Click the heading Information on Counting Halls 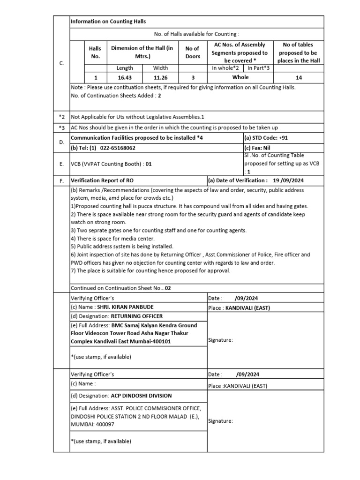tap(108, 22)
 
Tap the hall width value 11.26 tap(161, 77)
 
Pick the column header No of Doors tap(193, 52)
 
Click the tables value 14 tap(299, 77)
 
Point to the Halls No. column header tap(95, 52)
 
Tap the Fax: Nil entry tap(257, 147)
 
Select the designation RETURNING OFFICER tap(131, 316)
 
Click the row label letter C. tap(61, 63)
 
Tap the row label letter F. tap(61, 180)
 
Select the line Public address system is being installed tap(122, 247)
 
